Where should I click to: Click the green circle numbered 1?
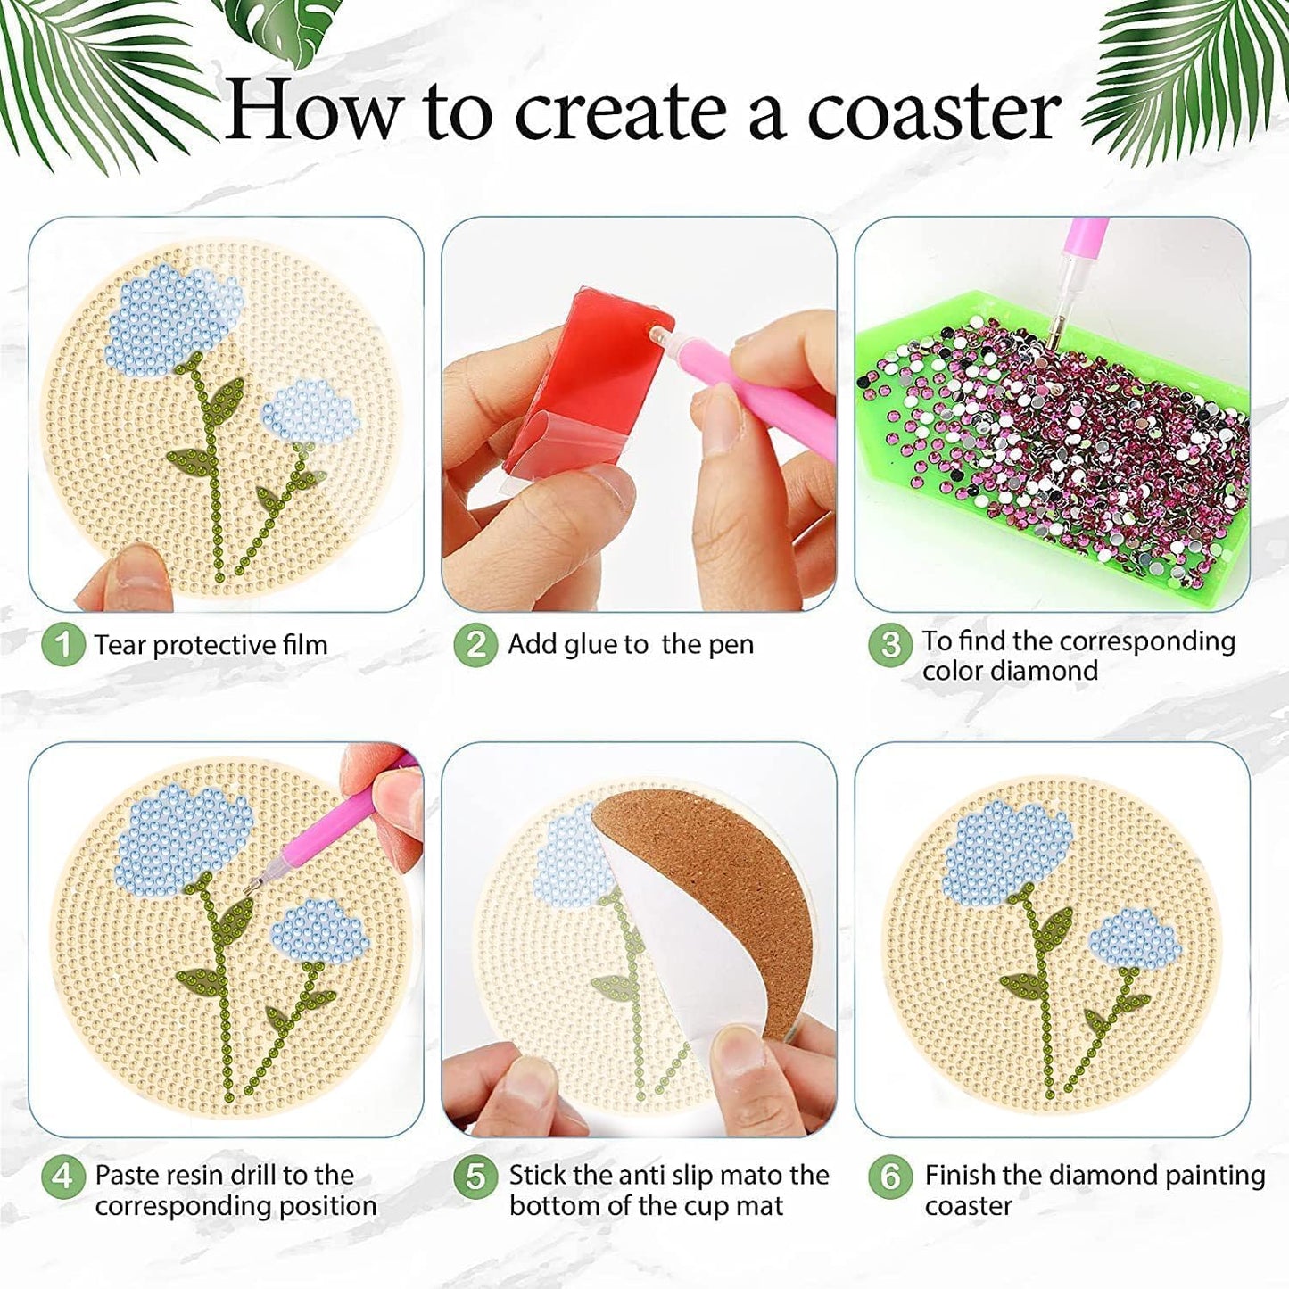[62, 644]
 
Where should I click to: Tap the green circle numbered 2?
[475, 644]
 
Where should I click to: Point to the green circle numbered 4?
[62, 1177]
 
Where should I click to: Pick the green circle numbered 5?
[475, 1177]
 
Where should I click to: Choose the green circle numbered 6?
[889, 1177]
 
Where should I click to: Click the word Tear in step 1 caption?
[120, 645]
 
